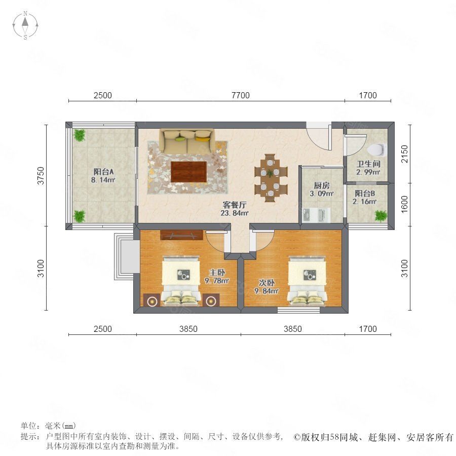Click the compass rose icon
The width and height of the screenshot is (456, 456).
[25, 25]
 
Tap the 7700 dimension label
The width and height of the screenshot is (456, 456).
[241, 95]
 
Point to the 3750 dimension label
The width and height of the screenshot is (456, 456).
[41, 176]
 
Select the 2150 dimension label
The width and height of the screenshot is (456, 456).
[404, 154]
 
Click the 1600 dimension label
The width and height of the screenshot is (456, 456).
[404, 204]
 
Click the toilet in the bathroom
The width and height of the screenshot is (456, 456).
[377, 149]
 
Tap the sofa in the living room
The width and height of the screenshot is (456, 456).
[186, 141]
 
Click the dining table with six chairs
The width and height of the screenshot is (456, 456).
[271, 178]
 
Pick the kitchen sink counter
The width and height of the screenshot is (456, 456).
[316, 215]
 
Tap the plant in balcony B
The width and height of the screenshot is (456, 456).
[381, 216]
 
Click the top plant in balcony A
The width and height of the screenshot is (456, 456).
[79, 135]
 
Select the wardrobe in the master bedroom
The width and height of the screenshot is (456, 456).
[181, 235]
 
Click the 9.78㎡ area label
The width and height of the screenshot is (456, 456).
[217, 281]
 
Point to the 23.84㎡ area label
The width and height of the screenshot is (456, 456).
[235, 213]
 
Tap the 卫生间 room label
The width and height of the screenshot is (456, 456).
[368, 164]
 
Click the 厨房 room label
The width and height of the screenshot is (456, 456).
[322, 185]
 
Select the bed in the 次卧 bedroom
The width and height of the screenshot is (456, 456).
[307, 281]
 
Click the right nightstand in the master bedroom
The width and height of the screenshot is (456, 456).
[211, 300]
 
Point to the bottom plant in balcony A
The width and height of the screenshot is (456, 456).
[79, 216]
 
